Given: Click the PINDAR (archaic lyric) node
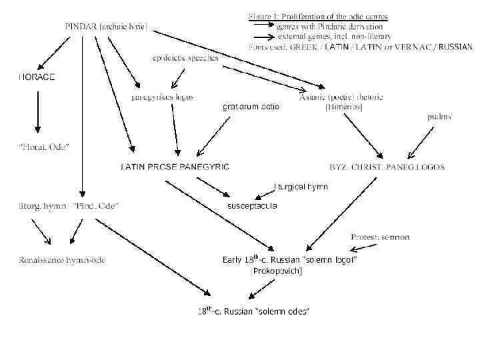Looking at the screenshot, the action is tap(105, 27).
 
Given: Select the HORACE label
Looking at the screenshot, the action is tap(36, 77).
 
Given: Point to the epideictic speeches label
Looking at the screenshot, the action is tap(185, 58).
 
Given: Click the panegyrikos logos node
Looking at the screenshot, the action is tap(162, 97).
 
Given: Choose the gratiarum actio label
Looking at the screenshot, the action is tap(251, 106).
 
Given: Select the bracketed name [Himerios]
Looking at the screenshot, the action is tap(343, 107).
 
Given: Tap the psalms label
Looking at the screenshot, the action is tap(439, 117).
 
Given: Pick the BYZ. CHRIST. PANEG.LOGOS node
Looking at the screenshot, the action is tap(387, 166).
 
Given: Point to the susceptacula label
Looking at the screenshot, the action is tap(252, 206).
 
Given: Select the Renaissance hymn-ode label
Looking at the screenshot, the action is tap(61, 259).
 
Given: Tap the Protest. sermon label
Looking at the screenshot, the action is tap(380, 237).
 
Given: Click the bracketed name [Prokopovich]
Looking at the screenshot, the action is tap(276, 271).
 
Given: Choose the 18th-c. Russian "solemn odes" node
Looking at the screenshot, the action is tap(254, 311).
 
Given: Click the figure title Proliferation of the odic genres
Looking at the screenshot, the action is tap(318, 16).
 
